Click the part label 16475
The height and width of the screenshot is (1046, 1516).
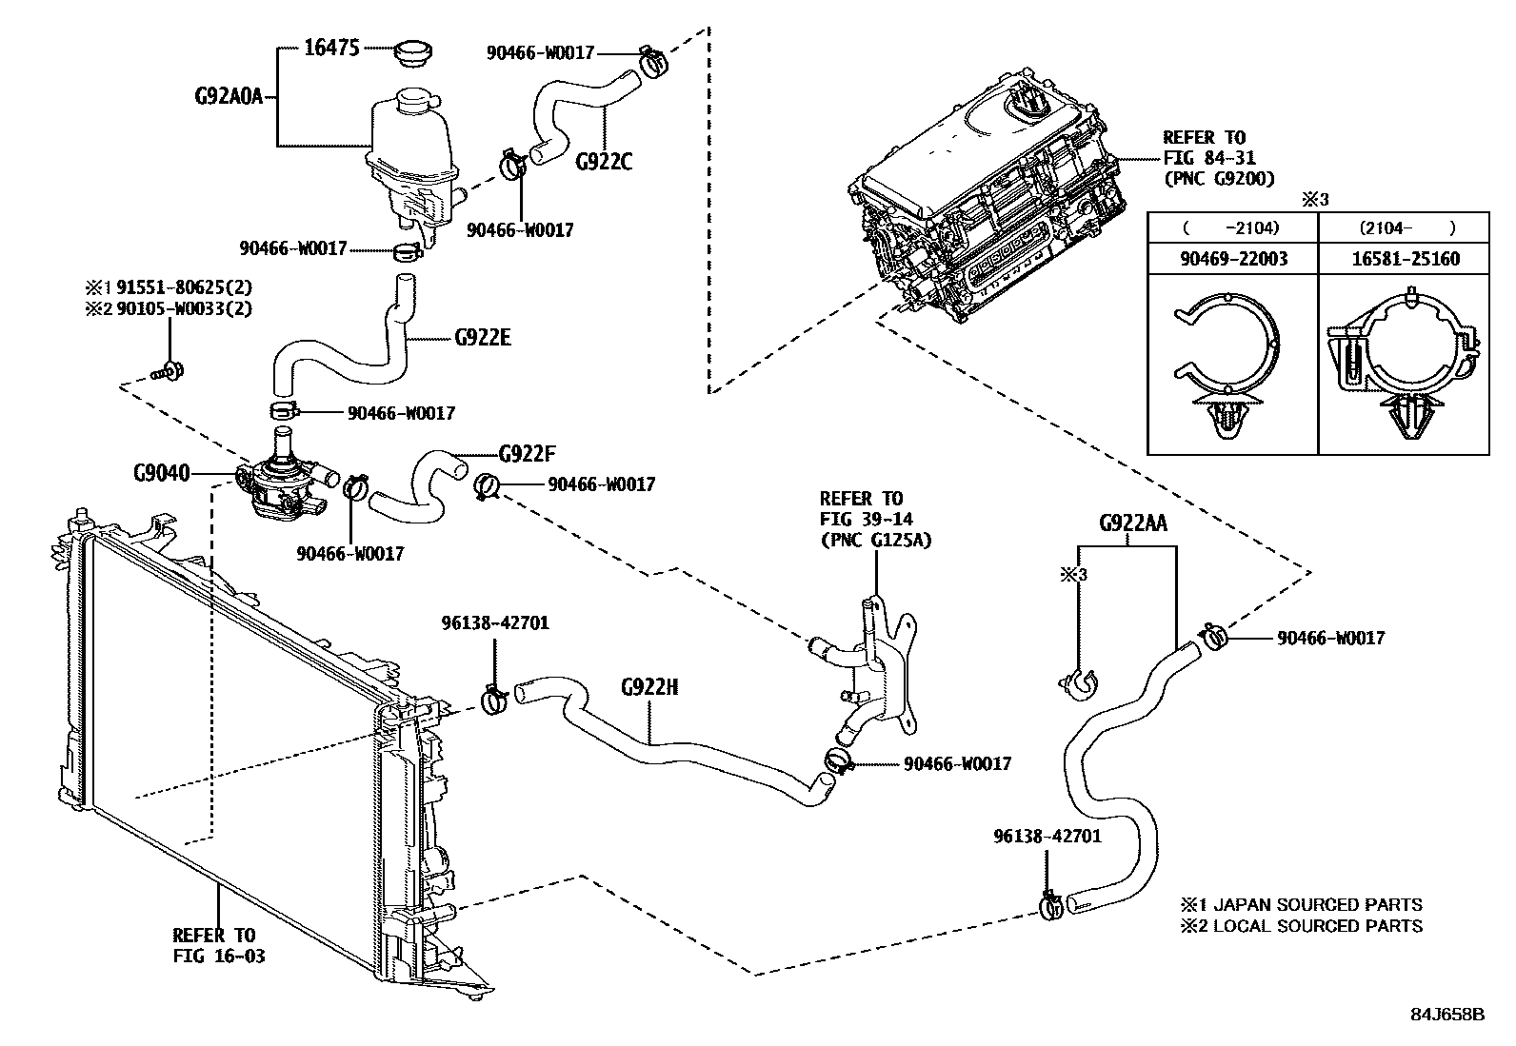pos(330,48)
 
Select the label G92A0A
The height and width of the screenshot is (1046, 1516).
pos(228,95)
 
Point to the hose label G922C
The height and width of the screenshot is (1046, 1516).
pos(603,162)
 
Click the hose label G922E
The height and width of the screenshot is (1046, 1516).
pos(482,337)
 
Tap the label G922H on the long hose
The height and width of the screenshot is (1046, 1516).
pos(649,687)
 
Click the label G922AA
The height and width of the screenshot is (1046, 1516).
pos(1132,523)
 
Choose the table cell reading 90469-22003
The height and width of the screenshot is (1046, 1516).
pos(1232,259)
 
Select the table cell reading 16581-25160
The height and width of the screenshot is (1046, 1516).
pos(1405,259)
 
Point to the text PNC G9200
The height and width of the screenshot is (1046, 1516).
pos(1218,178)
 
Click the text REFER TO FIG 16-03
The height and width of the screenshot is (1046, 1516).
pos(218,945)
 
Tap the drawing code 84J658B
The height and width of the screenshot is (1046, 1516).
pos(1446,1014)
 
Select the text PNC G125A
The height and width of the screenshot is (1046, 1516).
pos(875,540)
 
